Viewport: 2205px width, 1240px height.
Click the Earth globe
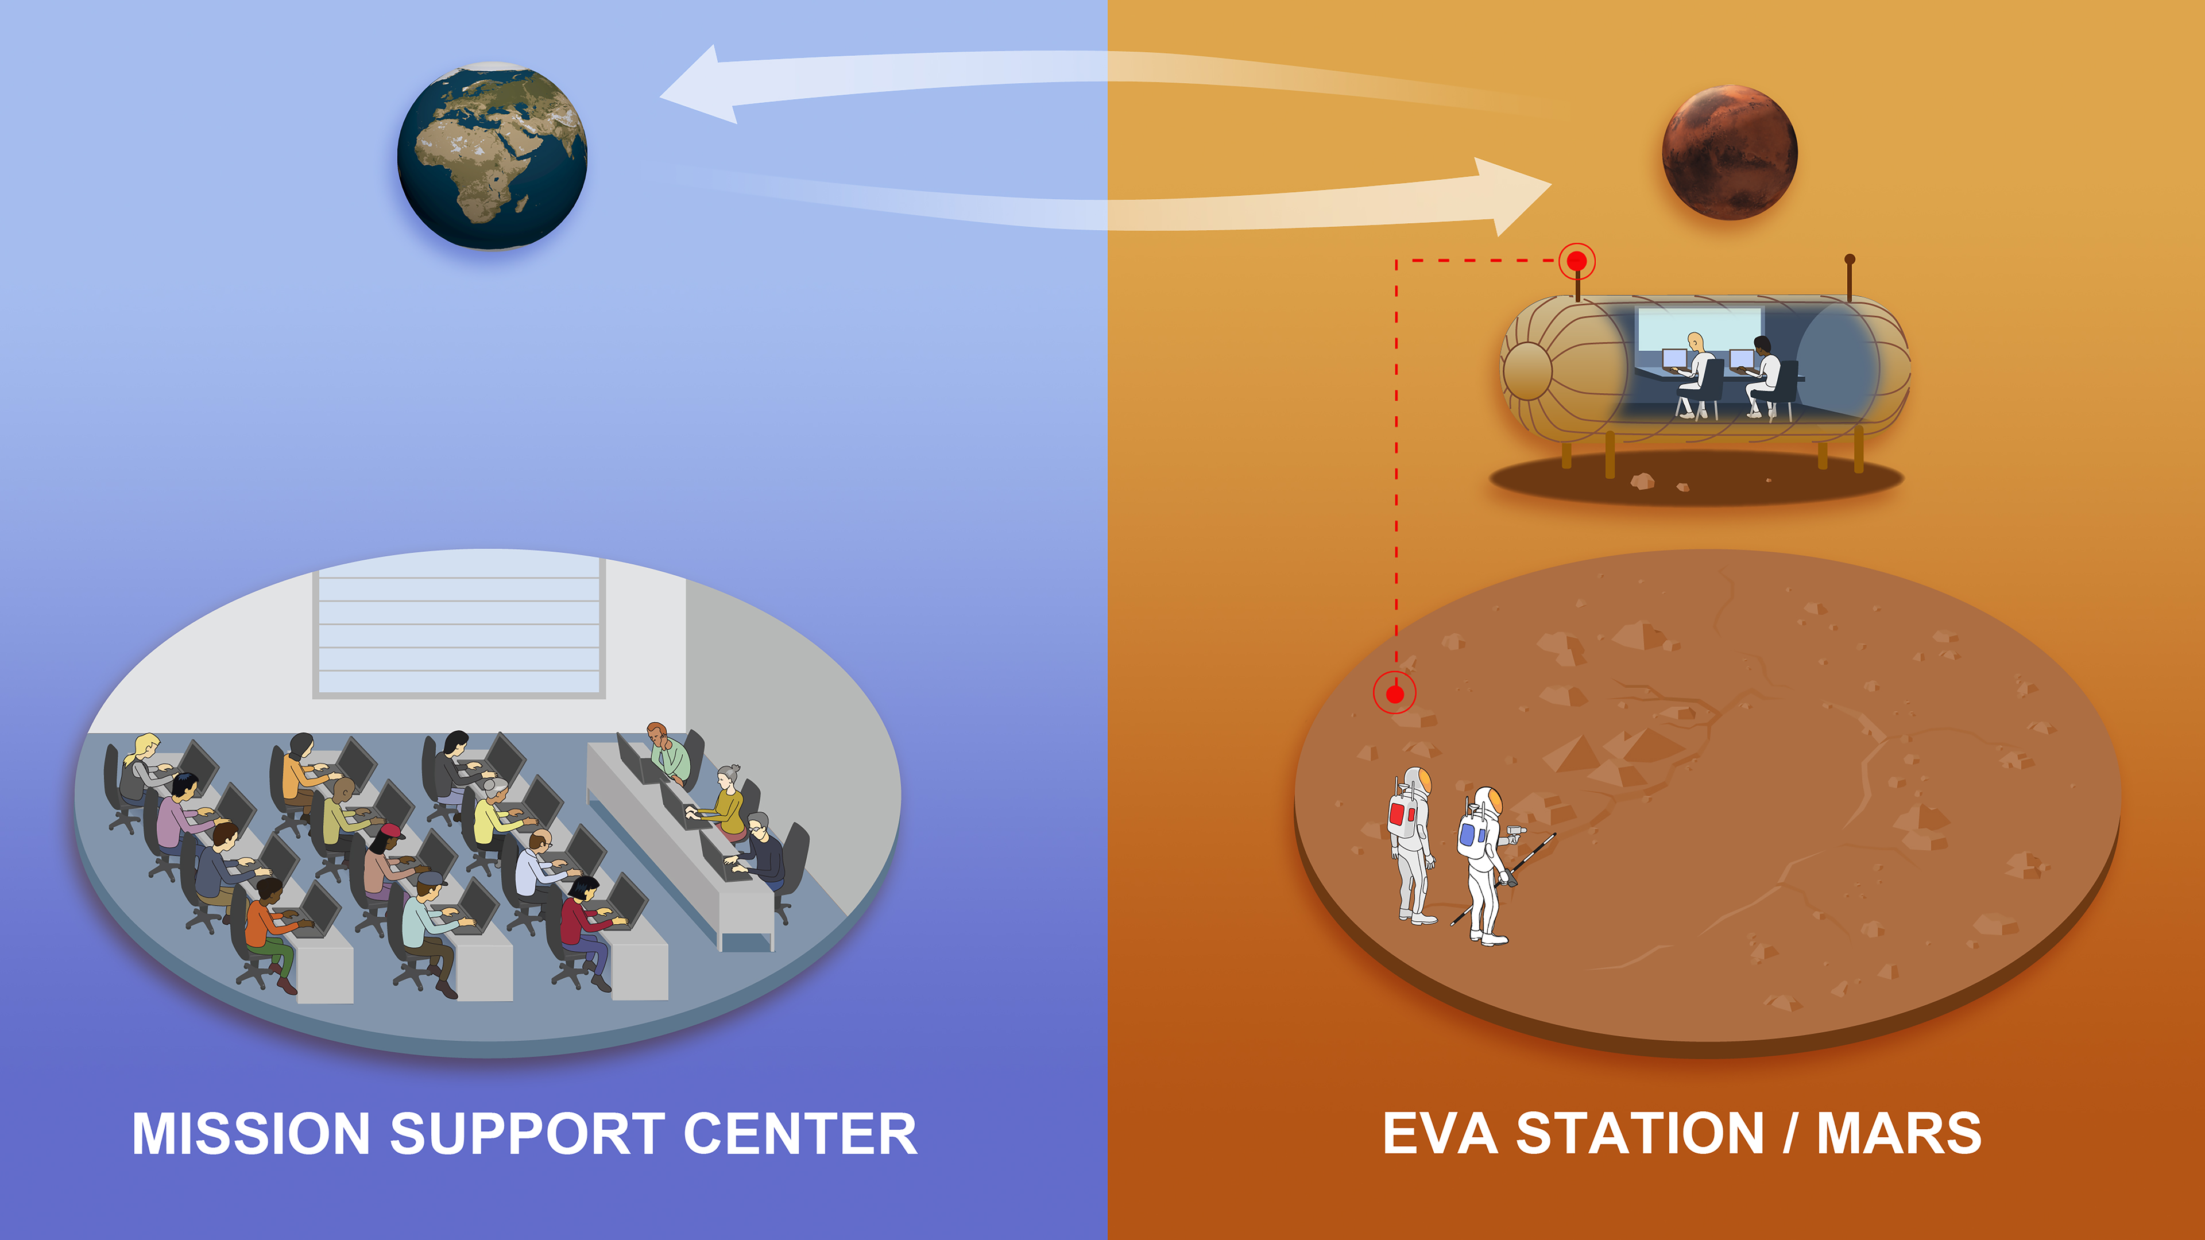pos(492,156)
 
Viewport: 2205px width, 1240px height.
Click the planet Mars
pos(1729,152)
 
